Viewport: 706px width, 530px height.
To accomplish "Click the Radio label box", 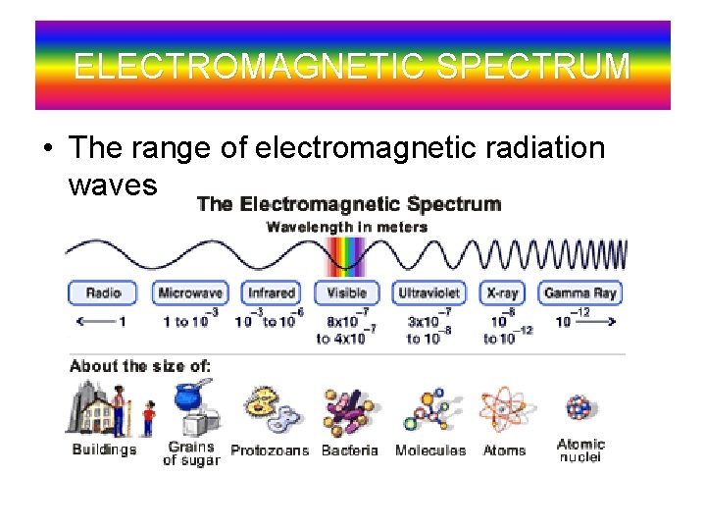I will pos(103,292).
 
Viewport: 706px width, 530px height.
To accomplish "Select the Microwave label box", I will pos(189,292).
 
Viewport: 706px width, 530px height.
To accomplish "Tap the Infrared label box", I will pos(271,292).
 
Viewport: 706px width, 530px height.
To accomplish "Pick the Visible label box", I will pos(346,292).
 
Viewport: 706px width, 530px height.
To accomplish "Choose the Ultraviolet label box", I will pos(429,292).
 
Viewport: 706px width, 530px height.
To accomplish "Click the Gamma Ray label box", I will pos(580,292).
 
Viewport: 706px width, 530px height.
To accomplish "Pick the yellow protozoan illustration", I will pos(267,412).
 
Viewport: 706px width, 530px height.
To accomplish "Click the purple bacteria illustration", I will pos(348,412).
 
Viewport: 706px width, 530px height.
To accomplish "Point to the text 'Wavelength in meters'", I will pos(347,227).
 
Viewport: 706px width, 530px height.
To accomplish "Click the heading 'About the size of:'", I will pos(140,366).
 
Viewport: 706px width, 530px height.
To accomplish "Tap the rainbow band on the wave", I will pos(346,257).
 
